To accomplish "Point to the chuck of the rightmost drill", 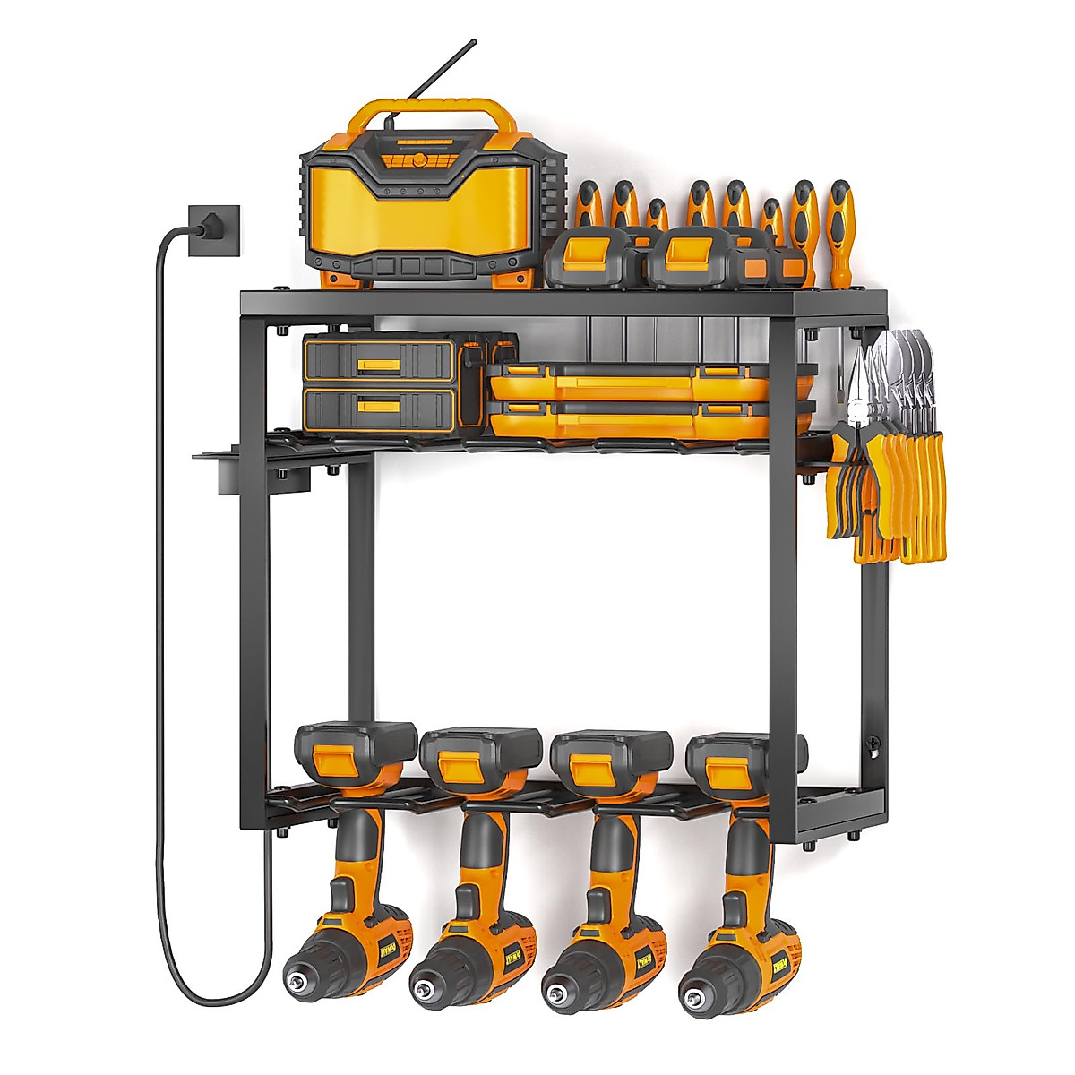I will click(x=699, y=984).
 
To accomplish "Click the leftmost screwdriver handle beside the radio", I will click(x=588, y=206).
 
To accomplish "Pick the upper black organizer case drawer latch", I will click(x=380, y=365).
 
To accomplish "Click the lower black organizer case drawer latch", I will click(x=380, y=406).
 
